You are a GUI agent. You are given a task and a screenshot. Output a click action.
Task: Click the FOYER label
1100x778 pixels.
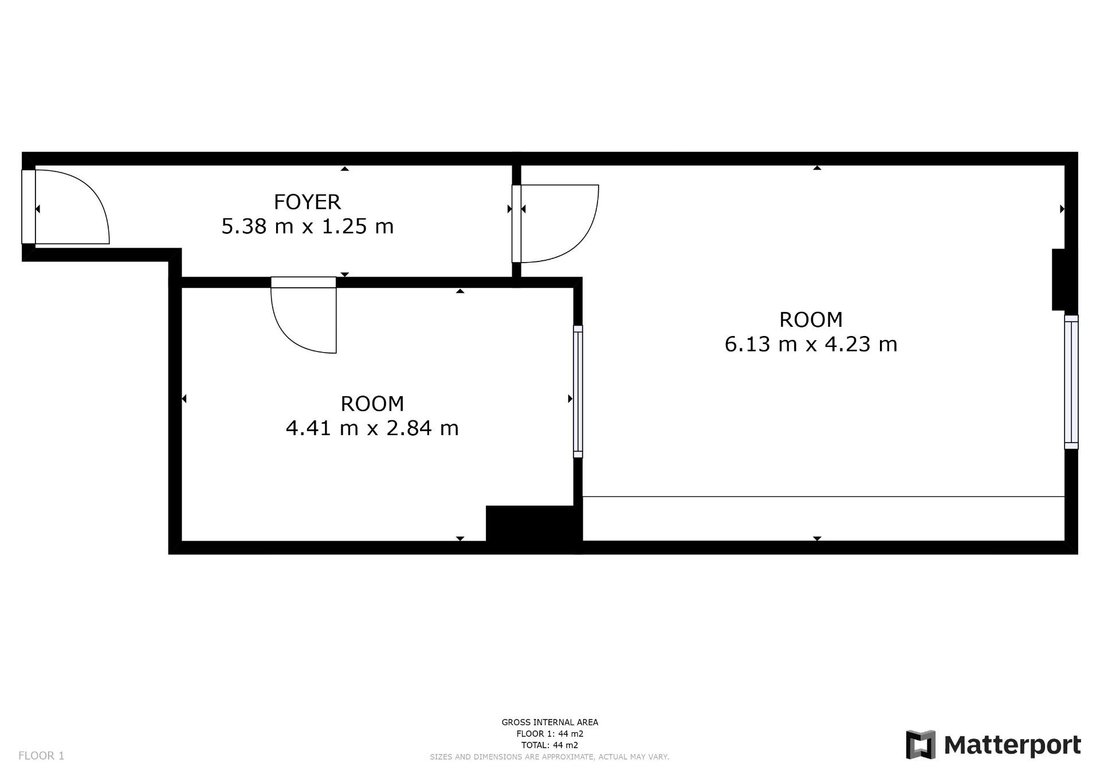(x=307, y=202)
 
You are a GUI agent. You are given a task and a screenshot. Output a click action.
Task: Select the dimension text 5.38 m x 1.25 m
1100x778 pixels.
(x=308, y=226)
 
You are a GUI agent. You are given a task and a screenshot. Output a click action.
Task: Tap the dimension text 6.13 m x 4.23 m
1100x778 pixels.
(x=811, y=344)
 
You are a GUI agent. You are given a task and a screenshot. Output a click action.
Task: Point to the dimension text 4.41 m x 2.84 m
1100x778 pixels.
(x=372, y=428)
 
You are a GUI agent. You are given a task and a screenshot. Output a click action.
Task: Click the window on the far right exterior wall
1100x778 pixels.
(x=1071, y=382)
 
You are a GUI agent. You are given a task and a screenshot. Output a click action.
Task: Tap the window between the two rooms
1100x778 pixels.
(x=578, y=392)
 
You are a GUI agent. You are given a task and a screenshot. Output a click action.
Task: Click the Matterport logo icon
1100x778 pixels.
(x=921, y=745)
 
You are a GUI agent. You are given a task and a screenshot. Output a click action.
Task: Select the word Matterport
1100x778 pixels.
(x=1012, y=745)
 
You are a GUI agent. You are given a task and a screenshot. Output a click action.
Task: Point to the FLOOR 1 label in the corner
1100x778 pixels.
(x=41, y=756)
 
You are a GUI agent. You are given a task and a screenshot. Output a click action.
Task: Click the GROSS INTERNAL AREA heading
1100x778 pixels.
(x=550, y=722)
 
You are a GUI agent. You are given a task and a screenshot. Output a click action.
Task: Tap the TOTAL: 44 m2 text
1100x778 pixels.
(x=550, y=745)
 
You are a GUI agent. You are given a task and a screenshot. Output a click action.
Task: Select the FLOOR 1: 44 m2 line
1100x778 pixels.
(x=550, y=734)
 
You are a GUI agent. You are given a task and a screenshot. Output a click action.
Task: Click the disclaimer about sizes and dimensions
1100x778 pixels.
(x=550, y=757)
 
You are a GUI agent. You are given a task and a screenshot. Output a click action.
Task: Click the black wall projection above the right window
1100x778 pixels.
(x=1059, y=280)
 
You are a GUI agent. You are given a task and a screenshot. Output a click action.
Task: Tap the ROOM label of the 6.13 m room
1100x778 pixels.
(x=811, y=319)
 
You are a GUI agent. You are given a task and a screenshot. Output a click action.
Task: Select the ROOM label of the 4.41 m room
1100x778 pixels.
(x=372, y=404)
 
